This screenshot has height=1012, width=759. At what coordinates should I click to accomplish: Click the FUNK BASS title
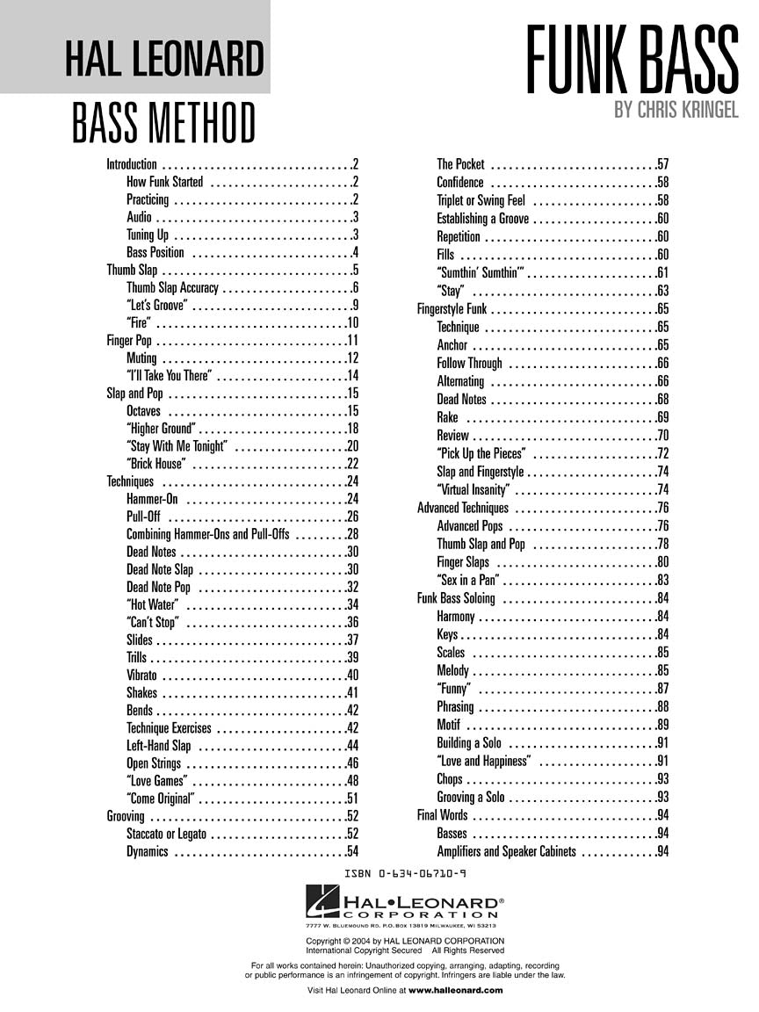point(632,60)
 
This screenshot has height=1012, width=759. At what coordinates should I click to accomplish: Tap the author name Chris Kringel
point(676,112)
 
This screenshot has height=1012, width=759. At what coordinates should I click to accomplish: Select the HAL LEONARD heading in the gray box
point(164,60)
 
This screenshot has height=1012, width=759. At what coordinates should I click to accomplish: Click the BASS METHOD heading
point(164,123)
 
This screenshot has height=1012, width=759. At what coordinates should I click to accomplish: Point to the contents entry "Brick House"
point(156,464)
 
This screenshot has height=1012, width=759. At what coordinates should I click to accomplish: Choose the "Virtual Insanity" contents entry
point(473,490)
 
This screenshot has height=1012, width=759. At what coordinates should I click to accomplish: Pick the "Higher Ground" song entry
point(160,429)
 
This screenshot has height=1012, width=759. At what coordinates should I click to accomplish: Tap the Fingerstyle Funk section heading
point(452,309)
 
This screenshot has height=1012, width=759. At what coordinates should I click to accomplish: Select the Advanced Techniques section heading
point(462,508)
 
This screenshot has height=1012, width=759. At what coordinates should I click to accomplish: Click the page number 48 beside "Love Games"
point(352,781)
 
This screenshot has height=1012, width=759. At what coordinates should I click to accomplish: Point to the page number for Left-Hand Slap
point(352,746)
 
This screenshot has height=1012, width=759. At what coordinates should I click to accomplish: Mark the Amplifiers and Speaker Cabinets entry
point(506,851)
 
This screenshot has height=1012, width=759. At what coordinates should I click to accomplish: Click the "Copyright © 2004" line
point(405,942)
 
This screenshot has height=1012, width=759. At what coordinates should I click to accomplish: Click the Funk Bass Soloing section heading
point(456,598)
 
